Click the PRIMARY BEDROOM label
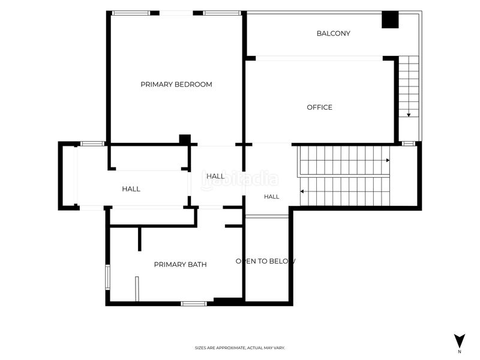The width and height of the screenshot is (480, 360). coord(176,85)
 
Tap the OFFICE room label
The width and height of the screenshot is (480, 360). coord(320,107)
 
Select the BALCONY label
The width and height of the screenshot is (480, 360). coord(334,34)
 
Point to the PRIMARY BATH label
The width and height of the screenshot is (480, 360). coord(181,265)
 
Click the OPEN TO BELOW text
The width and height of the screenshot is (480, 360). coord(265,261)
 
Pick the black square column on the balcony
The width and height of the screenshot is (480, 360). coord(390,20)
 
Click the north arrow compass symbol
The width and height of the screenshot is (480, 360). coord(460,341)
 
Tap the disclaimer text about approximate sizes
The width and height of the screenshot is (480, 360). coord(240,348)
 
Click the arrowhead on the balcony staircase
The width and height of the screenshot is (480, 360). coord(409,115)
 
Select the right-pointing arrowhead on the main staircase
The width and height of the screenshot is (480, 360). coord(388,160)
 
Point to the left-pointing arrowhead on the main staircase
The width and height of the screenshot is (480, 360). coord(302,191)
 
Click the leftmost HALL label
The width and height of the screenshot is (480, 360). coord(131,189)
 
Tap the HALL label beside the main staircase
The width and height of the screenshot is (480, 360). coord(272,197)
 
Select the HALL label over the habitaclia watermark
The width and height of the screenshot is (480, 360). coord(215,176)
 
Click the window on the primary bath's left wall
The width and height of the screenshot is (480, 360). coord(108,277)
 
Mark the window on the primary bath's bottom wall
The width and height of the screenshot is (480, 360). coord(193,304)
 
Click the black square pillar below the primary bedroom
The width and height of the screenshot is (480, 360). coord(185,139)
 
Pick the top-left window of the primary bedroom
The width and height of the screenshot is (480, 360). coord(131,13)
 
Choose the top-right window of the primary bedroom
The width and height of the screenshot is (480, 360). coord(222,13)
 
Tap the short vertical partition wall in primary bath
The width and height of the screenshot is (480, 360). coord(140,239)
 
